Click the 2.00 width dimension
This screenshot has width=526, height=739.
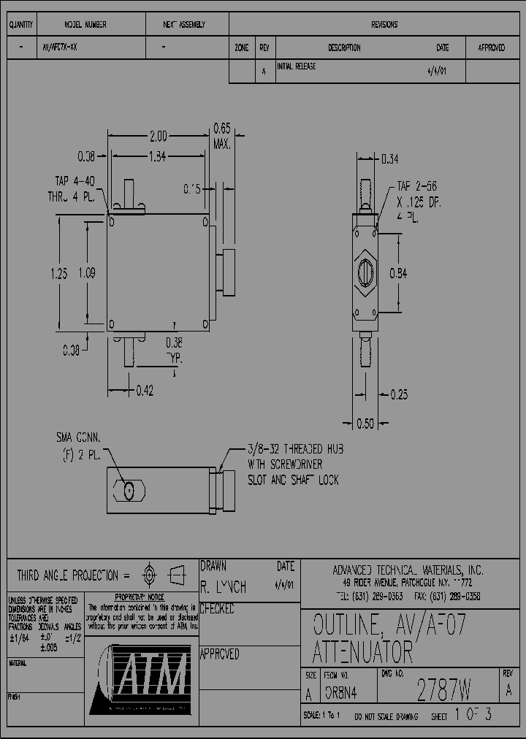click(158, 136)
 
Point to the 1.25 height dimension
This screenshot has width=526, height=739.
click(59, 274)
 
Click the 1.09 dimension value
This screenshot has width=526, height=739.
click(86, 274)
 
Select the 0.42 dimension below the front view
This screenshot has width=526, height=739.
click(145, 391)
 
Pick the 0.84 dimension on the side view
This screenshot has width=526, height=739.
click(398, 274)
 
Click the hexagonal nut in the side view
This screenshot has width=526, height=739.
click(366, 274)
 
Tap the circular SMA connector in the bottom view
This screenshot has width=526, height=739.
click(129, 491)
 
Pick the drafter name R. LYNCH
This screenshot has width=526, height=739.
click(224, 587)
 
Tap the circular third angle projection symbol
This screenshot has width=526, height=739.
click(149, 575)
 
